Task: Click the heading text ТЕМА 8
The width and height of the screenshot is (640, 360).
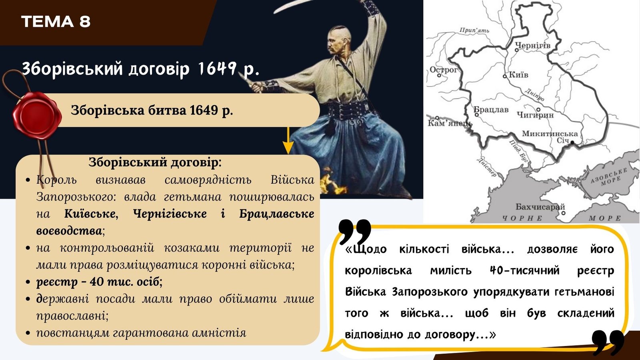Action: point(56,22)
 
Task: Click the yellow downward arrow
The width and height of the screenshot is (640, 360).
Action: point(288,140)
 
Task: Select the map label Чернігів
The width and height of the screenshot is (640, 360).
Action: point(532,45)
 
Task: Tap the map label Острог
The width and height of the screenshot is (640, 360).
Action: point(444,70)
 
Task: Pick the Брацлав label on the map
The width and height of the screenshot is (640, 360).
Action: point(491,110)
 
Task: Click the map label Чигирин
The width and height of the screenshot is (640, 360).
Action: point(536,115)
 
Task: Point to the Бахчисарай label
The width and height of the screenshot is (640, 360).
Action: point(540,206)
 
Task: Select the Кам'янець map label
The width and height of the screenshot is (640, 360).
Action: point(450,124)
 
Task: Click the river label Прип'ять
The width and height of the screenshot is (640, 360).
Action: point(474,30)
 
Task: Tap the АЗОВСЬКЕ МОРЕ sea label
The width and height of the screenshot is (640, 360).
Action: point(610,177)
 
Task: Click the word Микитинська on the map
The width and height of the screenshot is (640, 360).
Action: point(550,134)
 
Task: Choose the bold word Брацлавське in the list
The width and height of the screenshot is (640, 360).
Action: point(276,214)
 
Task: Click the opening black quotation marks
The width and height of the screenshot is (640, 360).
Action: point(354,232)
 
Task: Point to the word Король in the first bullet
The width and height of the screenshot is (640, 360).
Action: point(56,180)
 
